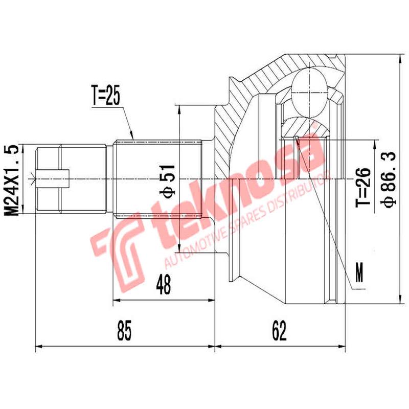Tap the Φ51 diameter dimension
click(x=169, y=179)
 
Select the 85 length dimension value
click(x=125, y=331)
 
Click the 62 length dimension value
click(x=279, y=331)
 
